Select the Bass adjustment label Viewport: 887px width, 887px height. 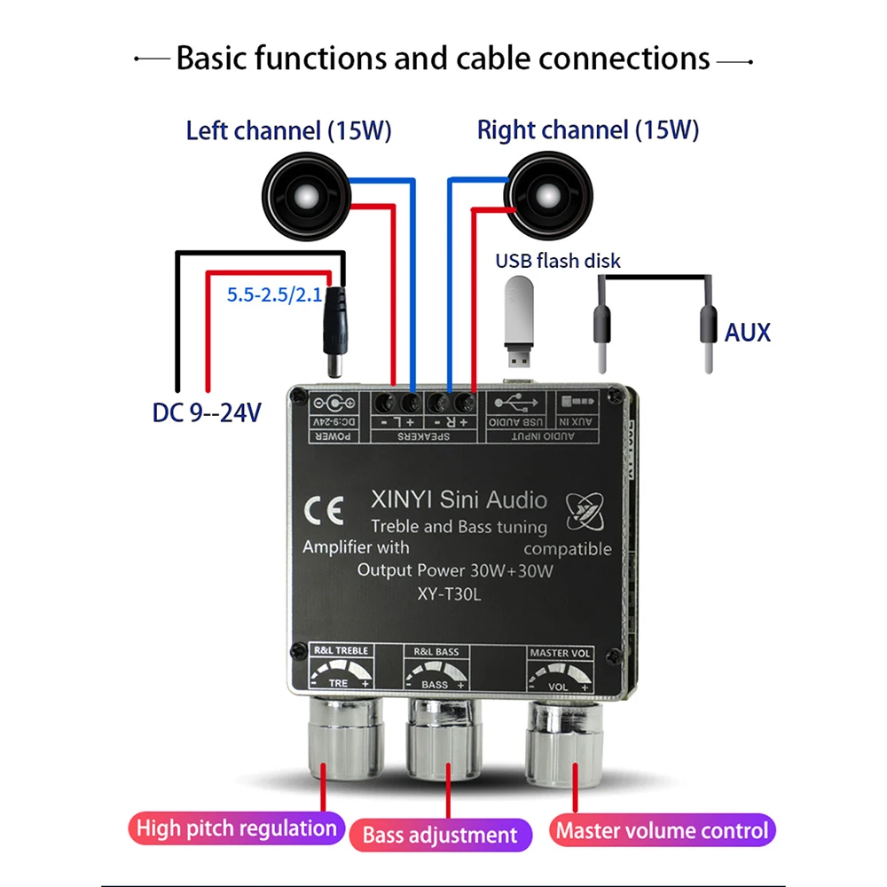pos(440,835)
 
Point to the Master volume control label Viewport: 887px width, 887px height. pos(661,831)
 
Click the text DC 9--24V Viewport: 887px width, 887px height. pos(205,412)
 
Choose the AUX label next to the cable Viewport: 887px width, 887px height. pos(748,333)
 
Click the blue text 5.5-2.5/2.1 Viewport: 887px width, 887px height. pos(274,295)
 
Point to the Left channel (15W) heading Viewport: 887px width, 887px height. pos(288,131)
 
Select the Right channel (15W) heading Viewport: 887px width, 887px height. pos(588,131)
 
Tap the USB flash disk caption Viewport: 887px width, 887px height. pos(558,261)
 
